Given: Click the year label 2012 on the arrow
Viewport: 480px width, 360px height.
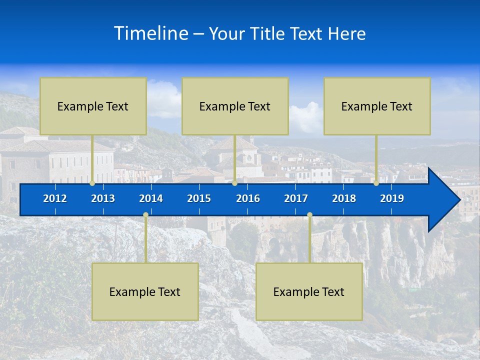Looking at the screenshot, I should pos(55,198).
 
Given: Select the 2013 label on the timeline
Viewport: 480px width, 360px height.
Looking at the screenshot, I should pos(103,198).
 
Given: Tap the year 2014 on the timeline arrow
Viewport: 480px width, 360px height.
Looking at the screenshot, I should pos(151,198).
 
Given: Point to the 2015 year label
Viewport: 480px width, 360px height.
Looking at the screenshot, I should pos(199,198).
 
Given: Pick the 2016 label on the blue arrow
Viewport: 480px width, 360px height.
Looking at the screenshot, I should pos(248,198).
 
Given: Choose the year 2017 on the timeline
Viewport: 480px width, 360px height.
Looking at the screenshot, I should pos(296,198).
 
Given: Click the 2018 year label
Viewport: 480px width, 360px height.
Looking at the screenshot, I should pos(344,198).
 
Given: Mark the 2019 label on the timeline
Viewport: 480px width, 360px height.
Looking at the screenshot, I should pos(392,198).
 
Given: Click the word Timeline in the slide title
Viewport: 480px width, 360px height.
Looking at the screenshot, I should pos(151,33).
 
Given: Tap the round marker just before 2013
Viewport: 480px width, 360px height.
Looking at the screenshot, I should pos(92,183).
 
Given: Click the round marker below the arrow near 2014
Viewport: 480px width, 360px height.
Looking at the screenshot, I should pos(145,215).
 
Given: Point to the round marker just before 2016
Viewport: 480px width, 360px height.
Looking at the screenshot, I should pos(234,183).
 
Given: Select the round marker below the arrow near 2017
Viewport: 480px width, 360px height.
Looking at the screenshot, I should pos(309,215).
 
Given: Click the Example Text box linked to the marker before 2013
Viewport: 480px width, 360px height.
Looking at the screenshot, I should pos(93,106).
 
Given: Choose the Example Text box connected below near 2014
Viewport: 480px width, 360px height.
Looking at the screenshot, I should pos(145,291).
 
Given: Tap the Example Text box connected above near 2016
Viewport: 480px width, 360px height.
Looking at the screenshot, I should pos(235,106).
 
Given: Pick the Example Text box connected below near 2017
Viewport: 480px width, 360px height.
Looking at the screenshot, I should pos(309,291).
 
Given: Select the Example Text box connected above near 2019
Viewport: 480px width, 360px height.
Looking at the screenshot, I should pos(377,106).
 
